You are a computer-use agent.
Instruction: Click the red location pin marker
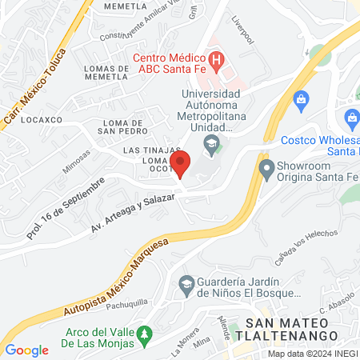(x=181, y=163)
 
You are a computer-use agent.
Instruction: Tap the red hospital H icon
(x=216, y=60)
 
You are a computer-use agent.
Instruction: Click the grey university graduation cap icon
(x=211, y=145)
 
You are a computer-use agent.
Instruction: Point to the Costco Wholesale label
(x=320, y=145)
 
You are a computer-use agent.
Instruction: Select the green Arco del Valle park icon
(x=145, y=334)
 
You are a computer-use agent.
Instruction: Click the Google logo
(x=27, y=350)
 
